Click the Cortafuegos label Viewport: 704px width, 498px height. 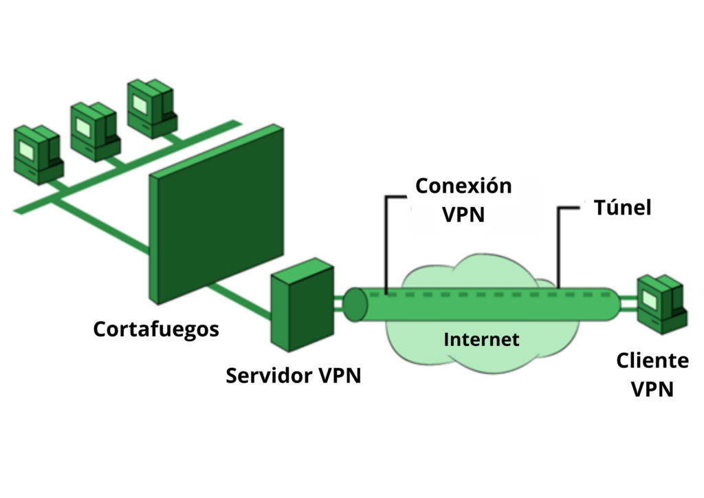click(156, 329)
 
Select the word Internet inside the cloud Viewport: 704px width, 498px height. click(481, 339)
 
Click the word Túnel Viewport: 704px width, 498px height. click(622, 208)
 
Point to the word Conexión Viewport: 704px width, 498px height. click(464, 186)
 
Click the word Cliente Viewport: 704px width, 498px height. click(652, 360)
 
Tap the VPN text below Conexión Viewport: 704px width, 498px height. click(463, 214)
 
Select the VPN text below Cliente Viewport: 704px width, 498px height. click(652, 389)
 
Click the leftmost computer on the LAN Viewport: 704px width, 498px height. click(38, 154)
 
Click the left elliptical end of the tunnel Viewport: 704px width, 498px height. click(355, 305)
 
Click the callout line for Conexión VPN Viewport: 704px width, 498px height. click(386, 241)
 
